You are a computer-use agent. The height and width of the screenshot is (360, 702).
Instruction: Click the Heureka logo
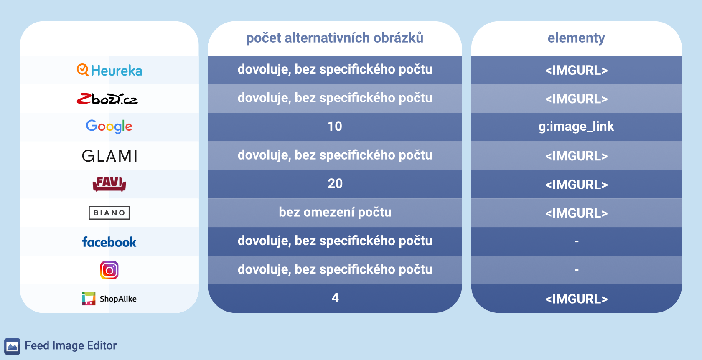[109, 70]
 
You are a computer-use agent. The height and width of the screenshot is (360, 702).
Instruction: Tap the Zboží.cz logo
[107, 99]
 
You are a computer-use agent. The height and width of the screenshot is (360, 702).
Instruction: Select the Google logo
[109, 126]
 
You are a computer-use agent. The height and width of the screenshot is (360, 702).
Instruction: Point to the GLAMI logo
[109, 156]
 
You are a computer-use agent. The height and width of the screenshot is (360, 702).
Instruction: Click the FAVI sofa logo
[109, 184]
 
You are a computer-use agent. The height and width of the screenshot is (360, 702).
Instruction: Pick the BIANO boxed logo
[109, 213]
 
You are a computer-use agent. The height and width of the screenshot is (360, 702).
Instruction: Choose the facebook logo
[109, 242]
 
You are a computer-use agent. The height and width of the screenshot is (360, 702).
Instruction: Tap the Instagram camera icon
[109, 270]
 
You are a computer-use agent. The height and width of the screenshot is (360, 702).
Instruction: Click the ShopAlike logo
[109, 299]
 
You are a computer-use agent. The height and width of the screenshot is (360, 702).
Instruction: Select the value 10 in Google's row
[335, 127]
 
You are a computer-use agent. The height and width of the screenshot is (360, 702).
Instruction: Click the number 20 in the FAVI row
[335, 184]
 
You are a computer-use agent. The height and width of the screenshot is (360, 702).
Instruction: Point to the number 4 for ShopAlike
[335, 298]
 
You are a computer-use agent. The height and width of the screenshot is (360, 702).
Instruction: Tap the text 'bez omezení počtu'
[335, 213]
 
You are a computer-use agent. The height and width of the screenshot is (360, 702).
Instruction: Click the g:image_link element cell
[576, 127]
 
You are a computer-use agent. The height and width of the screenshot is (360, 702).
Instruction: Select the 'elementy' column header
[576, 38]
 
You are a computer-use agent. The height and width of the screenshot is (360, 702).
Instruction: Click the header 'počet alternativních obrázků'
[335, 38]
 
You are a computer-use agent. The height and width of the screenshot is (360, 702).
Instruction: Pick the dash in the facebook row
[576, 241]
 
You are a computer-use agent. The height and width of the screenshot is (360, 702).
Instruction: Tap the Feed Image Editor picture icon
[12, 346]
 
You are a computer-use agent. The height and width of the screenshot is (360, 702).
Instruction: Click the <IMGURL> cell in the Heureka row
[576, 70]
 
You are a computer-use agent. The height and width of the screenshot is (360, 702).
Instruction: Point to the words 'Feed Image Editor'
[71, 345]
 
